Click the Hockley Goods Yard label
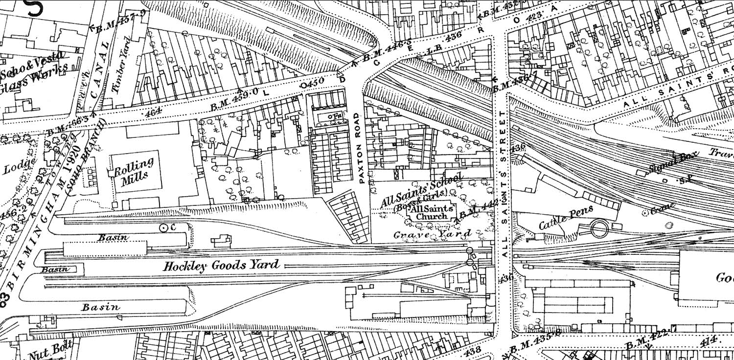pos(221,266)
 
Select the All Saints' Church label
pos(429,212)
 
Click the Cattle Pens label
pos(566,218)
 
